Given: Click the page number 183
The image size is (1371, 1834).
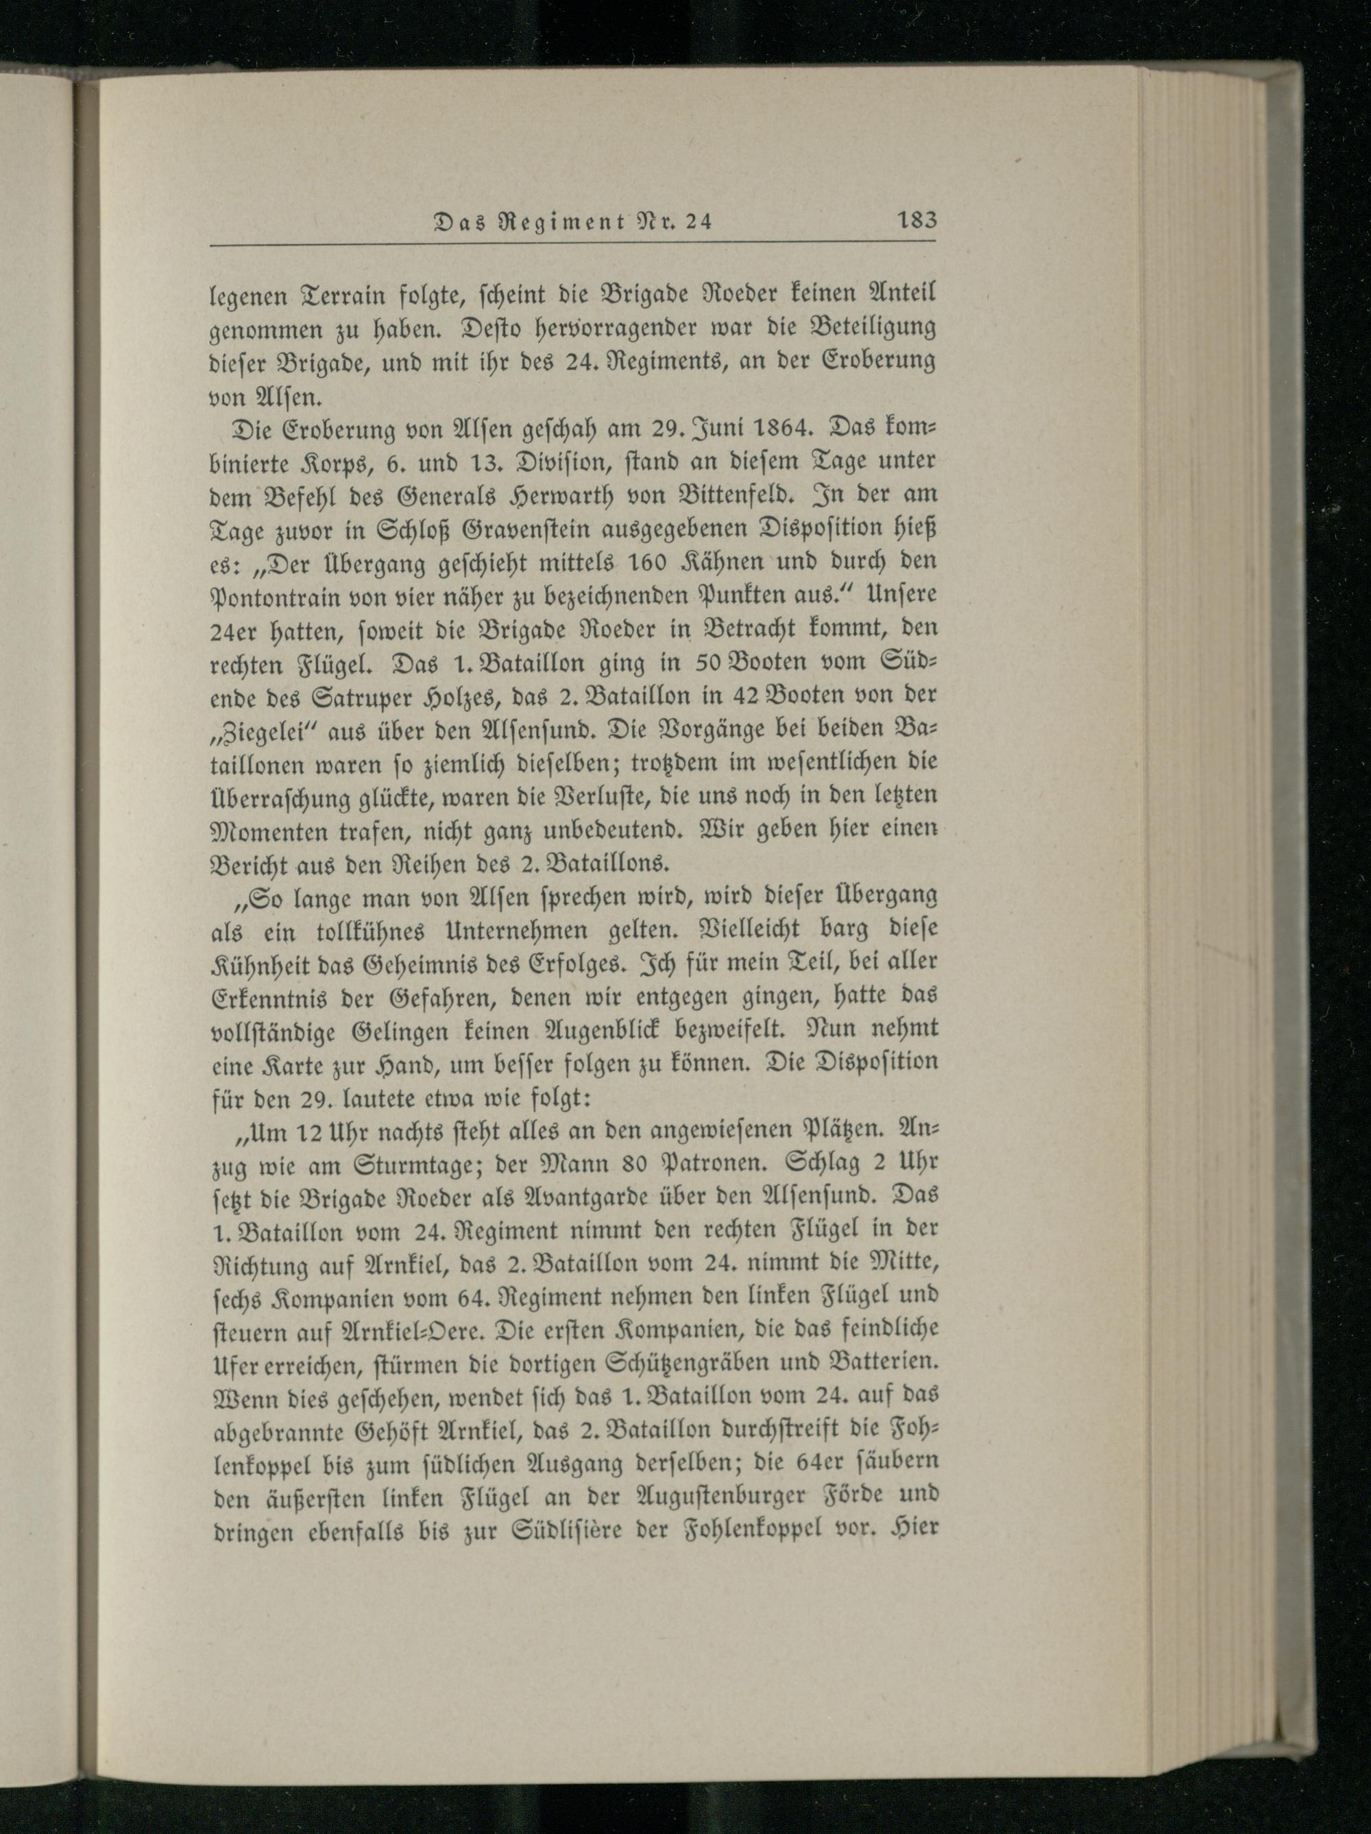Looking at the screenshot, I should [x=914, y=222].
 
